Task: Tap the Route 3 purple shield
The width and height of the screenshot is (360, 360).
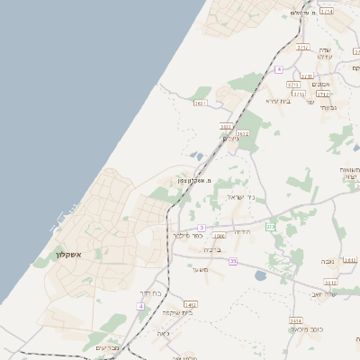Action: coord(202,228)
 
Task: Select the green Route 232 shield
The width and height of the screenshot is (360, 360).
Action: coord(270,226)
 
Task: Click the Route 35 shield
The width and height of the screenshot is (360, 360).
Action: coord(232,261)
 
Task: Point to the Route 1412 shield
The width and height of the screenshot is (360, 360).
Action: coord(190,305)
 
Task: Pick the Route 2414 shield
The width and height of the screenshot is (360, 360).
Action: coord(295,320)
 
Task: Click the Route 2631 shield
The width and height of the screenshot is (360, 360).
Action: coord(200,103)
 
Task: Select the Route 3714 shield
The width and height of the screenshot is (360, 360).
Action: coord(326,12)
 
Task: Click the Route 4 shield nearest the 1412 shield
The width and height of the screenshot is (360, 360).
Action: coord(140,307)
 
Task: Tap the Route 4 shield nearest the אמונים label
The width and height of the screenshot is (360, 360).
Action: coord(279,69)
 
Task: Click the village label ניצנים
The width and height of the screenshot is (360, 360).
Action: coord(230,139)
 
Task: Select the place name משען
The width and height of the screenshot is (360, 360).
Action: coord(200,269)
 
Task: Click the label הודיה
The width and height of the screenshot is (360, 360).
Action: coord(242,231)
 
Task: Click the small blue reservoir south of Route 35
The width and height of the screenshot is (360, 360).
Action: coord(261,275)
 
